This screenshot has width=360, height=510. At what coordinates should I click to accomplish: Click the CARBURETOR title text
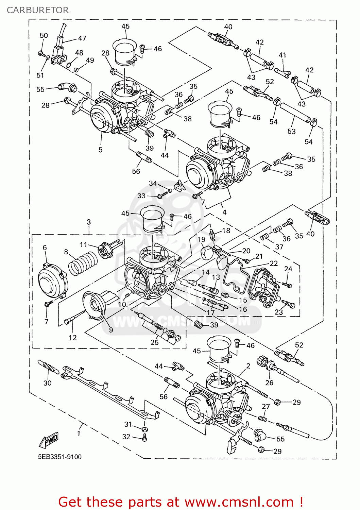coord(37,10)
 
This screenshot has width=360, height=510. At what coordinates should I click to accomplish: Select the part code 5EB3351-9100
coord(59,457)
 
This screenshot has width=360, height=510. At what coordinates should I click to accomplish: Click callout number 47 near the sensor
coord(82,38)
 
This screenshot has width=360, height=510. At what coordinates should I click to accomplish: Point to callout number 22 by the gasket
coord(274,263)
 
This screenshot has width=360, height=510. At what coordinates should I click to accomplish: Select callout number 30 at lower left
coord(47,383)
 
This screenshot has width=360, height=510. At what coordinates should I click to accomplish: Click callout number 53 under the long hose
coord(291,131)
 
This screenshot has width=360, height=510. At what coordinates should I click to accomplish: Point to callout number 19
coord(201,239)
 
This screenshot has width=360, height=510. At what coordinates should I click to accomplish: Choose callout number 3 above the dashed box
coord(89,222)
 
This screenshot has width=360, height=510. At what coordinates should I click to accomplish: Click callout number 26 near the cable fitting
coord(269,383)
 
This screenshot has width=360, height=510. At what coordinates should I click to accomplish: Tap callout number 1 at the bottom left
coord(79,434)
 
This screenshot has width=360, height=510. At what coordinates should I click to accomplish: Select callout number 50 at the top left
coord(44,35)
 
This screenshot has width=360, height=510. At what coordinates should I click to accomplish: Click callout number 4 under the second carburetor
coord(224,212)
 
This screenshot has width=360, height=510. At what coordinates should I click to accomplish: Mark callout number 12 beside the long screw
coord(73,338)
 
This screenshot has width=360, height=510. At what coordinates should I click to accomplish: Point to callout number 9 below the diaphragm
coord(111,330)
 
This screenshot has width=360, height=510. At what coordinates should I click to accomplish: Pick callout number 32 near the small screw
coord(126,437)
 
